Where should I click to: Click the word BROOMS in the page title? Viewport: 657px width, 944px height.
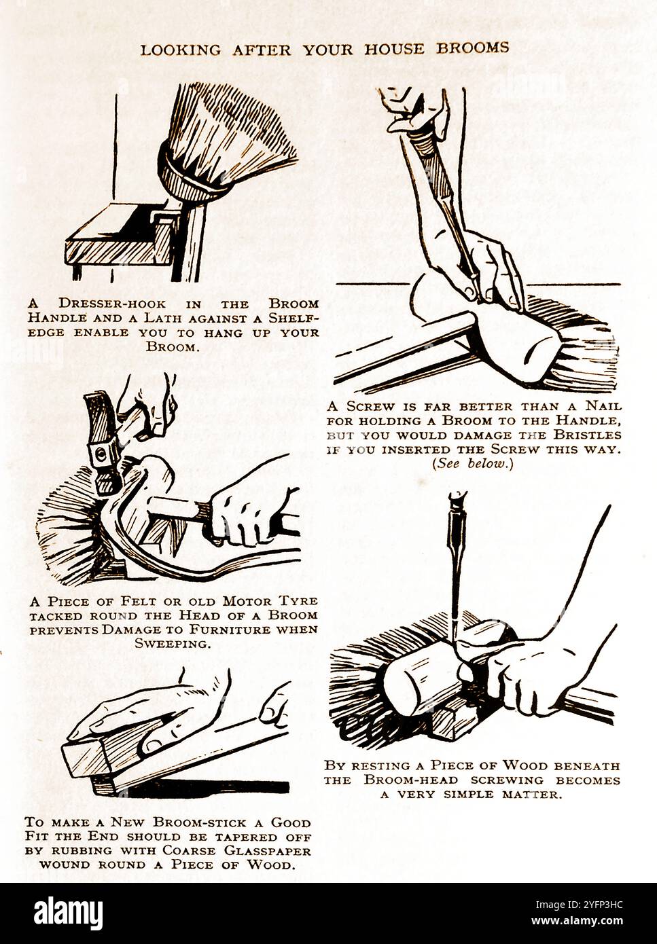472,48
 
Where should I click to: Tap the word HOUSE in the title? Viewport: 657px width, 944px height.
394,49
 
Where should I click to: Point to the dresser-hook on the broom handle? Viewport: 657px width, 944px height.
164,215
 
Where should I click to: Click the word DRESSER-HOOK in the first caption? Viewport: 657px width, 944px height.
112,303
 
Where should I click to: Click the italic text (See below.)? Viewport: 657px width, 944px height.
473,464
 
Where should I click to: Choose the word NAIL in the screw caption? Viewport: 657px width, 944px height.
603,406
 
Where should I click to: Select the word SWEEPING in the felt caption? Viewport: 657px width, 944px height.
173,644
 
